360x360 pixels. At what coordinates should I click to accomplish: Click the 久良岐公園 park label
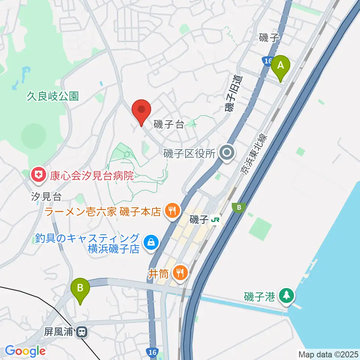[x=52, y=96]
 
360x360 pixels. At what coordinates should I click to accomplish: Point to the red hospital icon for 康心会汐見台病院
[x=38, y=174]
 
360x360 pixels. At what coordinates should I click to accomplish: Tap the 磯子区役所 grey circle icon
[x=227, y=153]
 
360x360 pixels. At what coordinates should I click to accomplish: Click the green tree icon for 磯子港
[x=287, y=295]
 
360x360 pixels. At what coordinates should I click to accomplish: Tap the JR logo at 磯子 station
[x=215, y=220]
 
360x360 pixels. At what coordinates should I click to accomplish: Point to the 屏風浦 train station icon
[x=81, y=332]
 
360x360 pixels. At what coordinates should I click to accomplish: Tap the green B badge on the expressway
[x=238, y=207]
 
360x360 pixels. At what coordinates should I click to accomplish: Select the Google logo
[x=25, y=351]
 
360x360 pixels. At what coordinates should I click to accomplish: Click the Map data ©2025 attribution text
[x=328, y=354]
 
